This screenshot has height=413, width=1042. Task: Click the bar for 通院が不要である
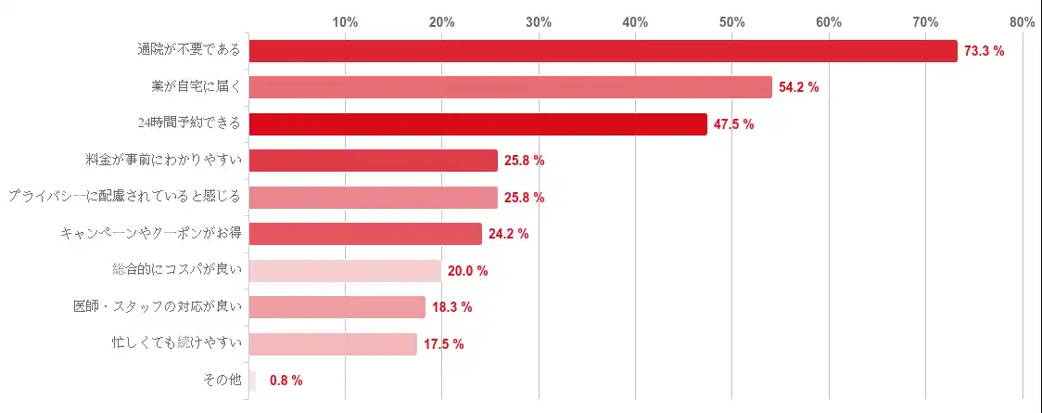click(x=603, y=51)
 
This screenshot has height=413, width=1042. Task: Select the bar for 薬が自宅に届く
click(x=510, y=87)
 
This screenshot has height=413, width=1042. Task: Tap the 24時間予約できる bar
click(x=477, y=124)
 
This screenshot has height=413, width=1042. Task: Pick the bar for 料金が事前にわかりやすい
click(x=373, y=161)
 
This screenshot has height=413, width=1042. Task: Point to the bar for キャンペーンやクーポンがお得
click(x=365, y=234)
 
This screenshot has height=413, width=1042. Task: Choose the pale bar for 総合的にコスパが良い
click(x=345, y=271)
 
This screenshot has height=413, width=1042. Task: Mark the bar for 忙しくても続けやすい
click(x=333, y=344)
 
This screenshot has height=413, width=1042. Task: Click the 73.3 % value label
click(x=985, y=51)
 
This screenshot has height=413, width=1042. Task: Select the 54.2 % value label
click(x=799, y=87)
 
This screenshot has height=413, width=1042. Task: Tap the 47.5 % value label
click(x=734, y=124)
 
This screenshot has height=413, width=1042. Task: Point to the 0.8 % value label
click(x=286, y=381)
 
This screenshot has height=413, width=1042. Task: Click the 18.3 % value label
click(x=452, y=307)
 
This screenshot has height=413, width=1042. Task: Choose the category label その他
click(x=222, y=381)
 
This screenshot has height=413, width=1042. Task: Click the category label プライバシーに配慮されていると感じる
click(x=124, y=198)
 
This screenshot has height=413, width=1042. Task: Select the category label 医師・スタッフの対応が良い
click(x=159, y=307)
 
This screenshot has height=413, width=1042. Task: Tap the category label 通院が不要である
click(x=189, y=51)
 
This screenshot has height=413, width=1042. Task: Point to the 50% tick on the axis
click(x=732, y=21)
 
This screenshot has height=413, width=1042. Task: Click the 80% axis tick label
click(x=1023, y=21)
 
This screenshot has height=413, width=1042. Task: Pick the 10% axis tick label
click(x=346, y=21)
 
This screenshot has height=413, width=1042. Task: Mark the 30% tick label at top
click(x=539, y=21)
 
